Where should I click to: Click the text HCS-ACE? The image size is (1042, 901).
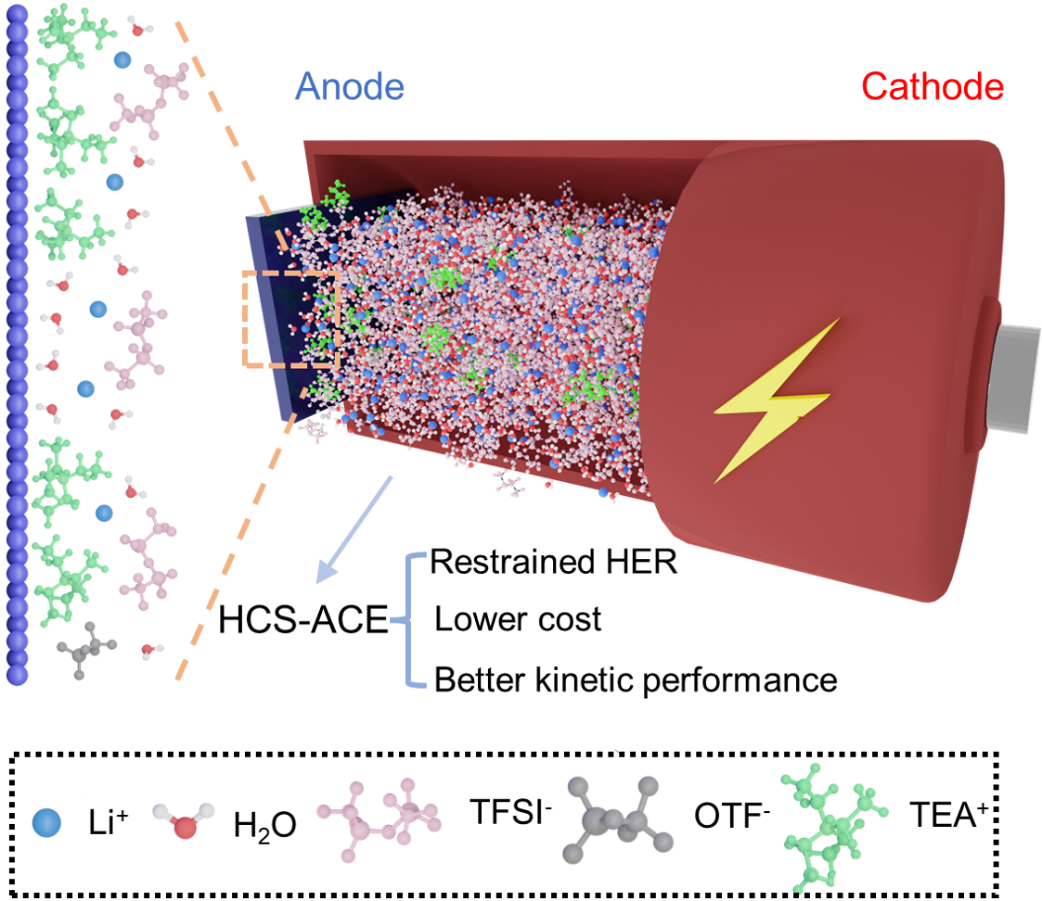303,622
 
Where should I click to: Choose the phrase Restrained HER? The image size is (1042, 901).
554,563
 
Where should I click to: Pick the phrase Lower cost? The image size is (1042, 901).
518,620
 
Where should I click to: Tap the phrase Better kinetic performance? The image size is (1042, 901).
636,680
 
